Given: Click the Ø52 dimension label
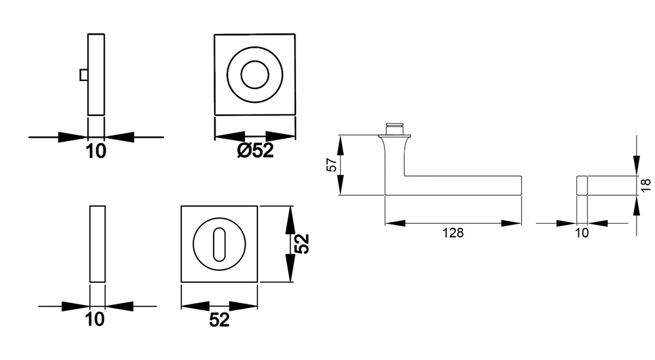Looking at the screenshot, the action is [255, 151].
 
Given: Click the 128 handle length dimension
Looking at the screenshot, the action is [453, 232].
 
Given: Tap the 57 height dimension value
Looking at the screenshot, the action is [331, 164].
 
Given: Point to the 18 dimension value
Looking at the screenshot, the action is [645, 185].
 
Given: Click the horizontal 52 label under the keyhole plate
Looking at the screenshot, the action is [219, 320].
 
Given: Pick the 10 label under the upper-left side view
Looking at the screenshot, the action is [96, 151].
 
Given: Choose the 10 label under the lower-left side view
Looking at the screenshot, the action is [95, 319].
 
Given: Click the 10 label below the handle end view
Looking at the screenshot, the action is [582, 232].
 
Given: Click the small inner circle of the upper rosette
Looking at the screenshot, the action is [255, 75].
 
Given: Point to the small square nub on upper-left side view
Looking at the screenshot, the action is [84, 75].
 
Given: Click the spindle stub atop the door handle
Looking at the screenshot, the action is [395, 128].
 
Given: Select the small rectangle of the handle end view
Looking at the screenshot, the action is [582, 185].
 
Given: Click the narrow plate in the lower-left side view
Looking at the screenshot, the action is [98, 244].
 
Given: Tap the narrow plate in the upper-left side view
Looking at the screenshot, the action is [96, 75].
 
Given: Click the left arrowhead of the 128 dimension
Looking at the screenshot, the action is [395, 223].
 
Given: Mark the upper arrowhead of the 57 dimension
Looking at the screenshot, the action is [341, 145].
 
